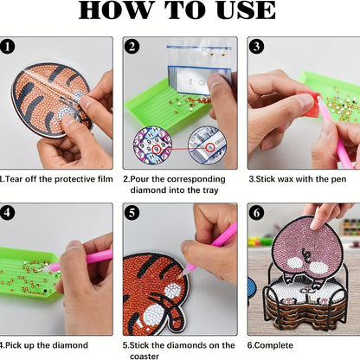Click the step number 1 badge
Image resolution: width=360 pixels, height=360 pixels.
(8, 47)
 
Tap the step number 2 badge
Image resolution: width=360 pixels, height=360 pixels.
(132, 47)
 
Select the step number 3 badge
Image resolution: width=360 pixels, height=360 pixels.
(256, 47)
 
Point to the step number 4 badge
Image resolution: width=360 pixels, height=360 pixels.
(8, 213)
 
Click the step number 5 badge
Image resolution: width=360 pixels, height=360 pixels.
(132, 213)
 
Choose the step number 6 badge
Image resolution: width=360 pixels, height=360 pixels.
(256, 213)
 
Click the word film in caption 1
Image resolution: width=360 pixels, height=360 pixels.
(106, 179)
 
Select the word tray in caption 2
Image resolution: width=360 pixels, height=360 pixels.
(210, 190)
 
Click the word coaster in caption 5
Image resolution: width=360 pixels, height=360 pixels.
(145, 357)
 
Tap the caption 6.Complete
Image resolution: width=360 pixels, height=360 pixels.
(270, 345)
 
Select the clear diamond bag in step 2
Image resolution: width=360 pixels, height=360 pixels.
(199, 69)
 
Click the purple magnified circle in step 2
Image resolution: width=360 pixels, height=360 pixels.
(152, 145)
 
